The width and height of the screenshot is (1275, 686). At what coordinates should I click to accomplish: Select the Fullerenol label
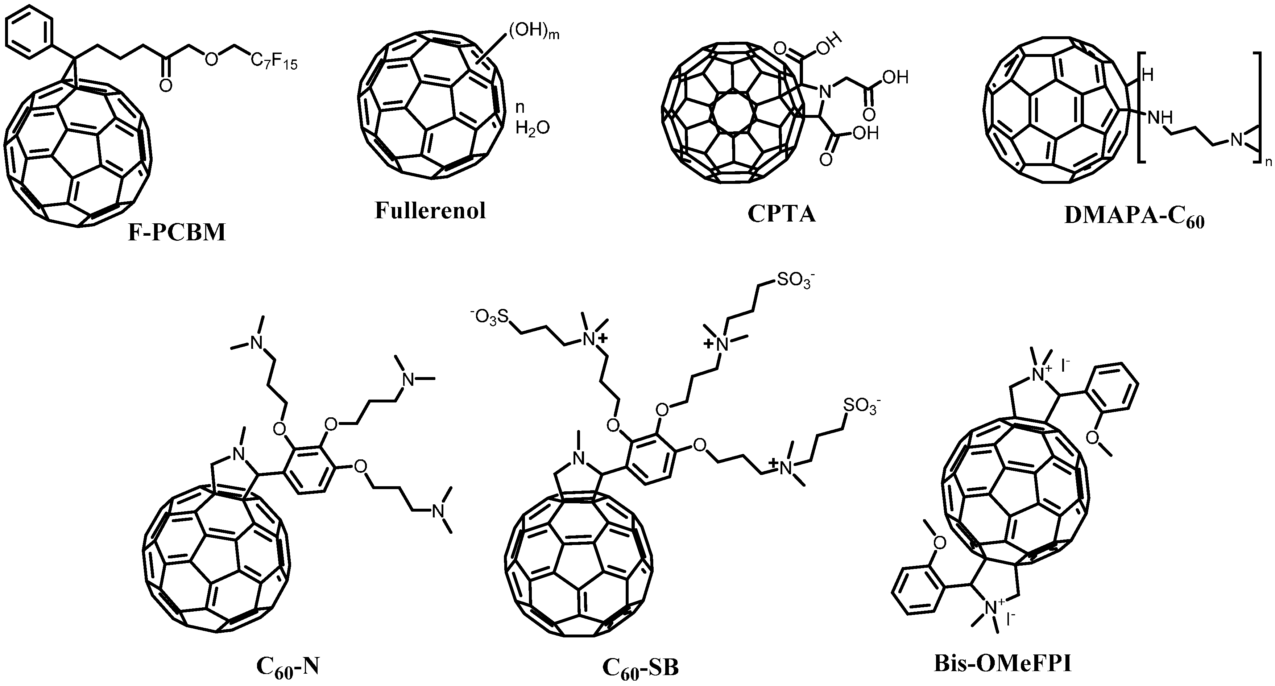point(430,211)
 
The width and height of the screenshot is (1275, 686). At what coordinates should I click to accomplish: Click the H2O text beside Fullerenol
point(532,129)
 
